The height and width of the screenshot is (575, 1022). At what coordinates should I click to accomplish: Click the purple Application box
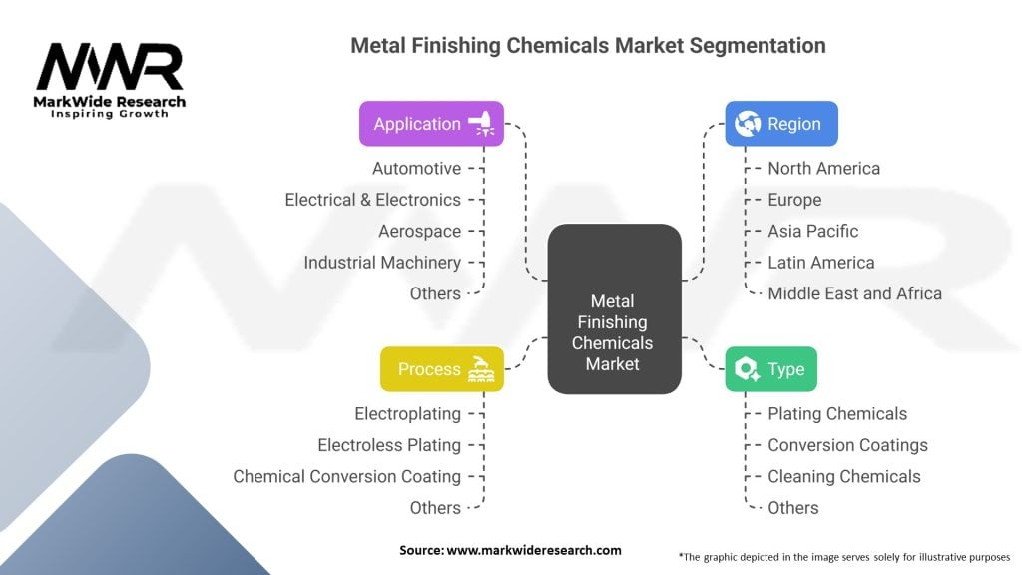[x=431, y=124]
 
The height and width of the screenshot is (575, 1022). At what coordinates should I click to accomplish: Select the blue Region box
[x=780, y=124]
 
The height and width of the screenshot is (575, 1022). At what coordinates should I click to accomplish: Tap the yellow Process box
[x=441, y=369]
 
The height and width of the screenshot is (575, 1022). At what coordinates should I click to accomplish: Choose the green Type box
[x=770, y=369]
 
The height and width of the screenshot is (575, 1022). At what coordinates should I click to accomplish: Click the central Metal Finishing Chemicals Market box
[x=614, y=308]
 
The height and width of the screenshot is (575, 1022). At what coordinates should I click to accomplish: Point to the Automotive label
[x=416, y=169]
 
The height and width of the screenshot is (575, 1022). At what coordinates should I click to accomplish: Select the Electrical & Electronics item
[x=372, y=200]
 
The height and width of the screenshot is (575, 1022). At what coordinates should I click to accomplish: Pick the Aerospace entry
[x=419, y=232]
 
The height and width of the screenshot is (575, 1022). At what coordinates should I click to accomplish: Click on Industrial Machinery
[x=382, y=263]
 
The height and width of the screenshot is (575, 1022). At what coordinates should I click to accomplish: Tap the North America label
[x=823, y=169]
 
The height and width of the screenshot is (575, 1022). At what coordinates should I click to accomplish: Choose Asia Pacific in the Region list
[x=812, y=232]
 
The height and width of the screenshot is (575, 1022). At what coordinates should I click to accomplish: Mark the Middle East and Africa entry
[x=854, y=293]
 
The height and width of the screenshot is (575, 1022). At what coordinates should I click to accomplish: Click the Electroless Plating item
[x=389, y=445]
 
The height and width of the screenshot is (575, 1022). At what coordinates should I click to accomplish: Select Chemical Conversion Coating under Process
[x=346, y=477]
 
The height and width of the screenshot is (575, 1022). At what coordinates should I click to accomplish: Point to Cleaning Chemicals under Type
[x=843, y=477]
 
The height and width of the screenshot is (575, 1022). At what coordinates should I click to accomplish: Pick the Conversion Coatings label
[x=847, y=445]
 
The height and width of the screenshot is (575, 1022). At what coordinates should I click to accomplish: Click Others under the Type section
[x=792, y=508]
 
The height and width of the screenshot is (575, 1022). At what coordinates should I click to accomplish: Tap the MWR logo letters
[x=109, y=67]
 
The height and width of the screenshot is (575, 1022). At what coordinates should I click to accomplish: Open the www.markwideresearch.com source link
[x=534, y=550]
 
